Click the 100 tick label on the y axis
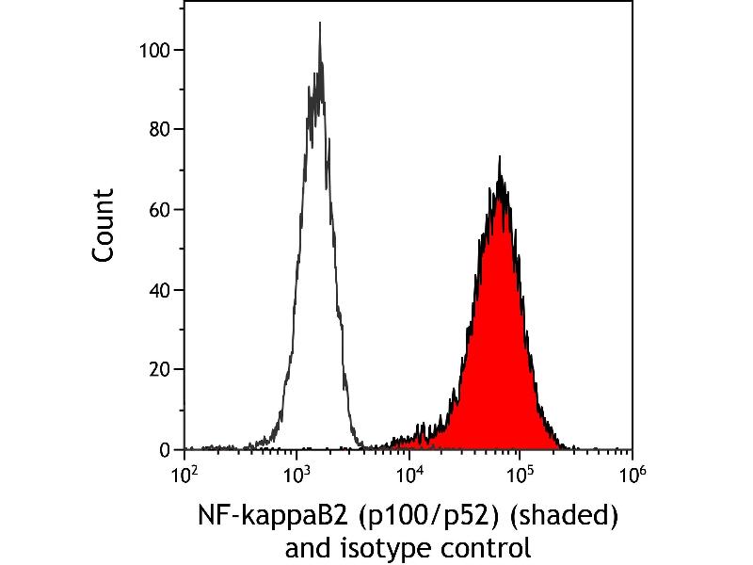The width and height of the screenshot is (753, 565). tap(154, 50)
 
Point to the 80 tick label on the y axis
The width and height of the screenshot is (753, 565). tap(159, 130)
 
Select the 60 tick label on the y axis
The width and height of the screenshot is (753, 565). tap(159, 210)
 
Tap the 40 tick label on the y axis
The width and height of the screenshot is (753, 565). tap(159, 290)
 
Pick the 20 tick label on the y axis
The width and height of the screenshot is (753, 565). tap(159, 369)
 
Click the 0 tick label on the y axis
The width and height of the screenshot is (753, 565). tap(165, 450)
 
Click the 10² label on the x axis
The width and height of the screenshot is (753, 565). tap(184, 476)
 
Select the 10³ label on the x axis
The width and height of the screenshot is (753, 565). tap(296, 476)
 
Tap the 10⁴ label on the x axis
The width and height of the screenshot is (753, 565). tap(409, 476)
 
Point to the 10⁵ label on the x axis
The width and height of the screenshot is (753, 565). tap(521, 476)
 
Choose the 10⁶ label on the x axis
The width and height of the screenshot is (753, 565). tap(632, 476)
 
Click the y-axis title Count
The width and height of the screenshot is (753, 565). tap(104, 226)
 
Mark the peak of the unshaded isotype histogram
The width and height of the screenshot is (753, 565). tap(320, 22)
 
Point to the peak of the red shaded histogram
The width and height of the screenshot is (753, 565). tap(500, 156)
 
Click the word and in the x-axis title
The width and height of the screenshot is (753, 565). tap(308, 548)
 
